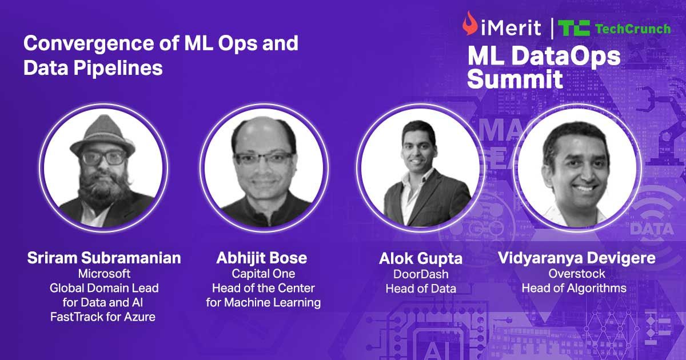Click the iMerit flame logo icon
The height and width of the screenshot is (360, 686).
click(470, 24)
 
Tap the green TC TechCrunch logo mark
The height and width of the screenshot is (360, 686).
click(574, 27)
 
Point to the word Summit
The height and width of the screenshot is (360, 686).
click(514, 79)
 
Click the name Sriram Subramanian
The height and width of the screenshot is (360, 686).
click(104, 258)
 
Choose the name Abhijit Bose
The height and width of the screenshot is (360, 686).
click(262, 258)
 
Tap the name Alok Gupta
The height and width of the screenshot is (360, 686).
click(420, 258)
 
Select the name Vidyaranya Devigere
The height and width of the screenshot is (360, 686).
click(576, 258)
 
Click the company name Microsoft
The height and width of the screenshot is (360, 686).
click(104, 274)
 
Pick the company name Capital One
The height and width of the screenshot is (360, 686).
click(263, 274)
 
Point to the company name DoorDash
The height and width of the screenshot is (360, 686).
click(420, 274)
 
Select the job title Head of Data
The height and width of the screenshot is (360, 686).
click(420, 289)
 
